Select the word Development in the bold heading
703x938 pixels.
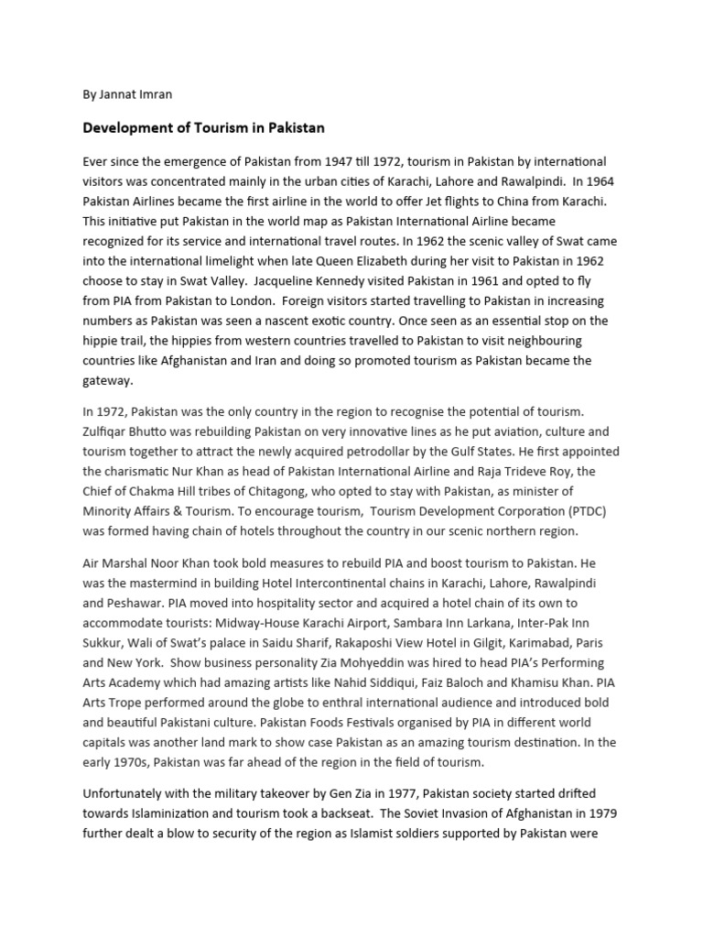[x=126, y=127]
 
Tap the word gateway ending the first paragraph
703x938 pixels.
[x=107, y=381]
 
